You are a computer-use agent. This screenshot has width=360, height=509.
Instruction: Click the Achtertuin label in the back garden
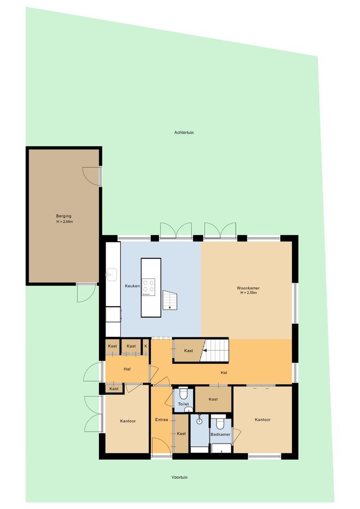tap(184, 132)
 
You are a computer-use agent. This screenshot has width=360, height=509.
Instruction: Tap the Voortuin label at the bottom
tap(180, 477)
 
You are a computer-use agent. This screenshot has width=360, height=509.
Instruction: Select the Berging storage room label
tap(64, 216)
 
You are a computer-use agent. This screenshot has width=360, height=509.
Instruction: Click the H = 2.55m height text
tap(249, 293)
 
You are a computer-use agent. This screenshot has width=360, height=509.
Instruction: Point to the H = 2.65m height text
tap(65, 222)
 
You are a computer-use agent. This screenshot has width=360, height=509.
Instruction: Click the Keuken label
tap(132, 286)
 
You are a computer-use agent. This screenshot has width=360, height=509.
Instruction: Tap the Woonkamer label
tap(248, 288)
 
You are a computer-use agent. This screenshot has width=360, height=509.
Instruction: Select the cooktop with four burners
tap(148, 287)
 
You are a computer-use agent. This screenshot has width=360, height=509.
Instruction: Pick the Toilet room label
tap(183, 404)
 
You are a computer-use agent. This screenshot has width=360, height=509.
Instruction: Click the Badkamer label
tap(221, 435)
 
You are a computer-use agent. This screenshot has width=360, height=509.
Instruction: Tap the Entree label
tap(162, 420)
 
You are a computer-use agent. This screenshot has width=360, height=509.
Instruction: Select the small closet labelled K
tap(146, 346)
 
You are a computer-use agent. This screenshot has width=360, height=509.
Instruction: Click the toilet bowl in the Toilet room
tap(183, 394)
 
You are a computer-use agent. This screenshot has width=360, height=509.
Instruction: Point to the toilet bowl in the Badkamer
tap(221, 424)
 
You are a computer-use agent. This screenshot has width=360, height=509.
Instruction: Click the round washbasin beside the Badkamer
tap(199, 421)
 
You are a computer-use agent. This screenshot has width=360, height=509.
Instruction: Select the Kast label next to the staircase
tap(188, 351)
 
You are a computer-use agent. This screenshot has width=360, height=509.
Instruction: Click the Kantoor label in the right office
tap(262, 420)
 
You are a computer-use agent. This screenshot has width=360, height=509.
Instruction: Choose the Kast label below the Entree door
tap(181, 434)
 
